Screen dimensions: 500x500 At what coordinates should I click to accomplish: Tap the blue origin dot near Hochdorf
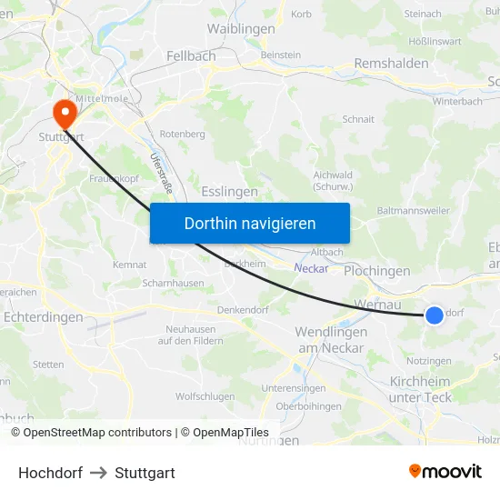point(435,315)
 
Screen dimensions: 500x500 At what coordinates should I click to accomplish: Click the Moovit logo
point(445,472)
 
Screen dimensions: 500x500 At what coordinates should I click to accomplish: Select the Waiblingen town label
point(241,29)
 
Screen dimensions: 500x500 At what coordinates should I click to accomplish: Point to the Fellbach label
point(191,56)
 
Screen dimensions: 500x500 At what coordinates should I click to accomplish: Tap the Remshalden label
point(391,65)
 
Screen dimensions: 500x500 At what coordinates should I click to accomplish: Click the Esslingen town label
point(229,192)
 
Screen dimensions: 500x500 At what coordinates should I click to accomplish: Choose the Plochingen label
point(376,271)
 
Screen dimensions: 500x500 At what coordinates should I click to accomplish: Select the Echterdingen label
point(44,317)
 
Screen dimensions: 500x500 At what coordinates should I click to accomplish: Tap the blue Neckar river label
point(311,268)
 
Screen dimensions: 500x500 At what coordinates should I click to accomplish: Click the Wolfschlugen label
point(205,396)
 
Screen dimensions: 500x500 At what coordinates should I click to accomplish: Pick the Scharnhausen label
point(173,283)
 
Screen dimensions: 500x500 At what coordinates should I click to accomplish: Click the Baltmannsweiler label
point(412,210)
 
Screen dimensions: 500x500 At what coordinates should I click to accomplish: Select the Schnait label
point(358,119)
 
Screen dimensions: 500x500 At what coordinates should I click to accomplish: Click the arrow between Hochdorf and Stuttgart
point(99,473)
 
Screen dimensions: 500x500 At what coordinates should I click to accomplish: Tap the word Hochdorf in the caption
point(50,473)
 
